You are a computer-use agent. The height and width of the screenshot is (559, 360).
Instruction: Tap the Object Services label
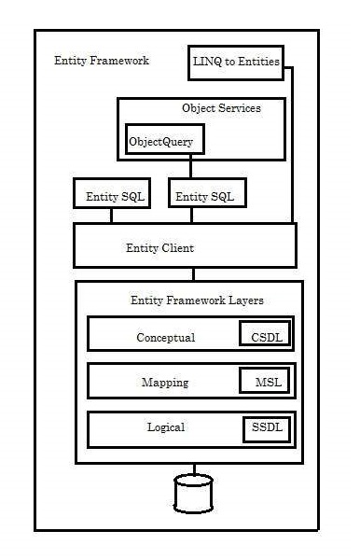point(221,108)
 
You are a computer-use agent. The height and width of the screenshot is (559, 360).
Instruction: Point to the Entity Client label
point(159,248)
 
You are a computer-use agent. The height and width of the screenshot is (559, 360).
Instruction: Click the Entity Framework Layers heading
point(197,300)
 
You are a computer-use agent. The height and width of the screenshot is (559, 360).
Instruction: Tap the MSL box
point(267,382)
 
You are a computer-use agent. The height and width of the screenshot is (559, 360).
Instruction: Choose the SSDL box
point(265,427)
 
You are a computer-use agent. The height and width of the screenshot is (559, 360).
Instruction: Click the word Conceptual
point(165,338)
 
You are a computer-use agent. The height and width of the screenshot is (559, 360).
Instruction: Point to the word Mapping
point(165,383)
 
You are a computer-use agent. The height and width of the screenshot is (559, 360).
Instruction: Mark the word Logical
point(166,427)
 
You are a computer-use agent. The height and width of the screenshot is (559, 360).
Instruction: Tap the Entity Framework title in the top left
point(101,61)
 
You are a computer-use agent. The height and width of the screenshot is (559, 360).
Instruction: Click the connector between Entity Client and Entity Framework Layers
point(194,273)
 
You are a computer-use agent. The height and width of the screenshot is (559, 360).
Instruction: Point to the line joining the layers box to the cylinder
point(194,468)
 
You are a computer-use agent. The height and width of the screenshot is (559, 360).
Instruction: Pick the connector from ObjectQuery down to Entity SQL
point(191,167)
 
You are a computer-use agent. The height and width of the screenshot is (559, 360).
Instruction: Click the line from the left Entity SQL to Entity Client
point(111,216)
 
